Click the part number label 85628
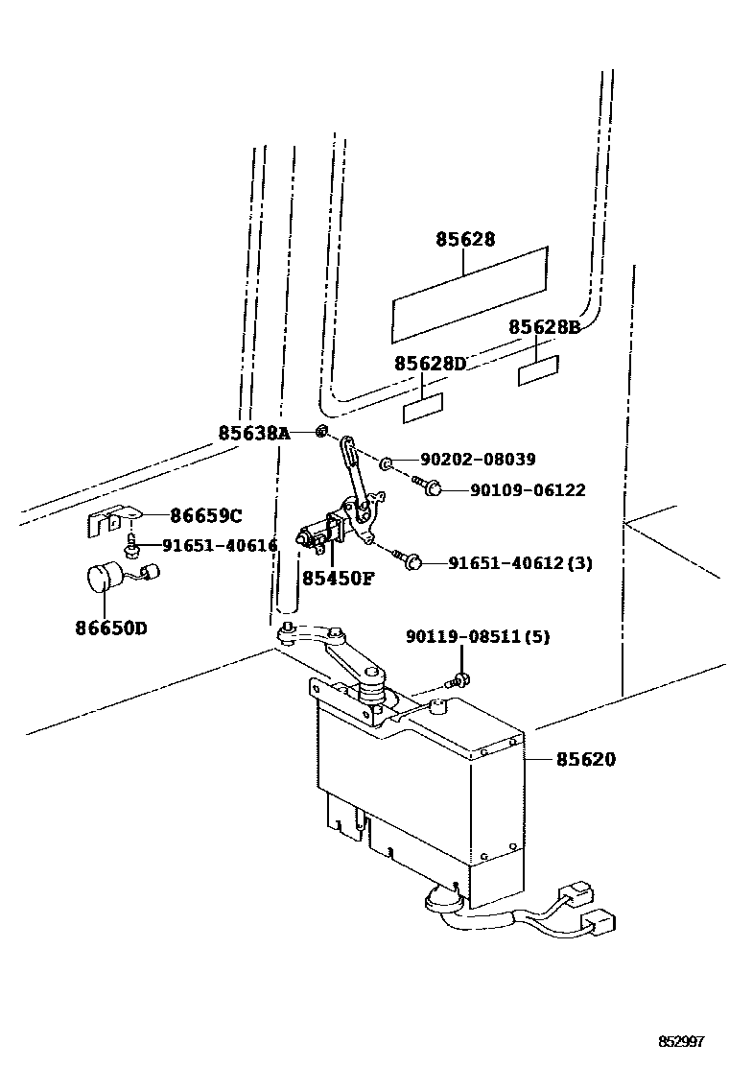pos(465,240)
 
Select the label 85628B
pos(544,327)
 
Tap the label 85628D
pos(430,364)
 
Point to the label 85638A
pos(253,433)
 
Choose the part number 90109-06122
pos(527,490)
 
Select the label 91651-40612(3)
pos(521,563)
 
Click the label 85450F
pos(339,579)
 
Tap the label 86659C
pos(205,516)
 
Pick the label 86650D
pos(111,629)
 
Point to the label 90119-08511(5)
pos(477,637)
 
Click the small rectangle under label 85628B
pos(538,370)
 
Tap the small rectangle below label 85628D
pos(422,408)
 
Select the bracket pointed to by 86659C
pos(108,521)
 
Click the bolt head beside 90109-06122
pos(433,489)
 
